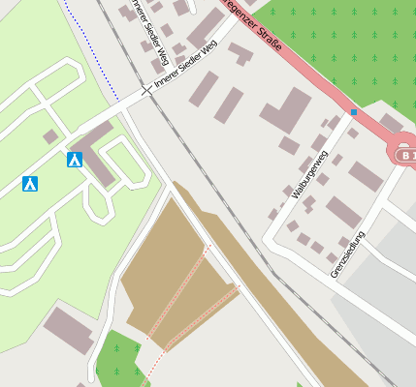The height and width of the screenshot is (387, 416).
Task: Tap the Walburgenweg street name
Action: coord(310,174)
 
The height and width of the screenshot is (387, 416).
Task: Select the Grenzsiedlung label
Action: coord(347,254)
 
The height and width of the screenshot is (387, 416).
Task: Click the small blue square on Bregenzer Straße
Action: coord(354,112)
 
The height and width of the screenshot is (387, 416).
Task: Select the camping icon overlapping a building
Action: coord(75,160)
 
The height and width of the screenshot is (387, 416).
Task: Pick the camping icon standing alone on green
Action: coord(30,183)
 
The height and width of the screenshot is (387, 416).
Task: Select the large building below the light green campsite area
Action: coord(68,329)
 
